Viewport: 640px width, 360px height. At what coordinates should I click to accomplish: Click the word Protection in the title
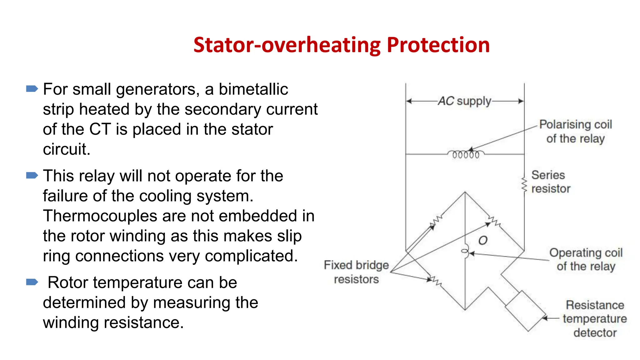pos(438,45)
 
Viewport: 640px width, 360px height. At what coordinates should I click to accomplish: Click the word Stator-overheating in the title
pos(287,45)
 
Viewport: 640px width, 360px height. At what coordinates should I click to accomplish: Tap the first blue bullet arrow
pos(32,89)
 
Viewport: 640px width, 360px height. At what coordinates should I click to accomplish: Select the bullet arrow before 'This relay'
pos(32,175)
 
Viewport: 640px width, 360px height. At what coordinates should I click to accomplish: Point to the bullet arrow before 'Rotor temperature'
pos(32,282)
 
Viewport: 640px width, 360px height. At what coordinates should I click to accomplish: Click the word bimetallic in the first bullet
pos(253,89)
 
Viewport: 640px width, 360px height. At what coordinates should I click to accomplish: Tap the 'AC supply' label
pos(465,101)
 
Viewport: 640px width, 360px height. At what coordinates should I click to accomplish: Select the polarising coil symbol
pos(466,154)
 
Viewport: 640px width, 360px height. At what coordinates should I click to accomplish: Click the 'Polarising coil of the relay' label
pos(575,131)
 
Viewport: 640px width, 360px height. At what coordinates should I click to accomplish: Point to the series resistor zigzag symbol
pos(524,185)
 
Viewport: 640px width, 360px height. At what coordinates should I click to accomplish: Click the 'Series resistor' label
pos(550,182)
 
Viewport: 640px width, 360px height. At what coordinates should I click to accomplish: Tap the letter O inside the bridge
pos(483,240)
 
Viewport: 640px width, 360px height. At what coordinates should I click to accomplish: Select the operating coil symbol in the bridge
pos(465,251)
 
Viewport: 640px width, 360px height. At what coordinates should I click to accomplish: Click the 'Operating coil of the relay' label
pos(586,259)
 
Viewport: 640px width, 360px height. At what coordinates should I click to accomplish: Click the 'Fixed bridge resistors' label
pos(356,272)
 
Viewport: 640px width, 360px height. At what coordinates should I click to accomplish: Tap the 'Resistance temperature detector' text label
pos(595,319)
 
